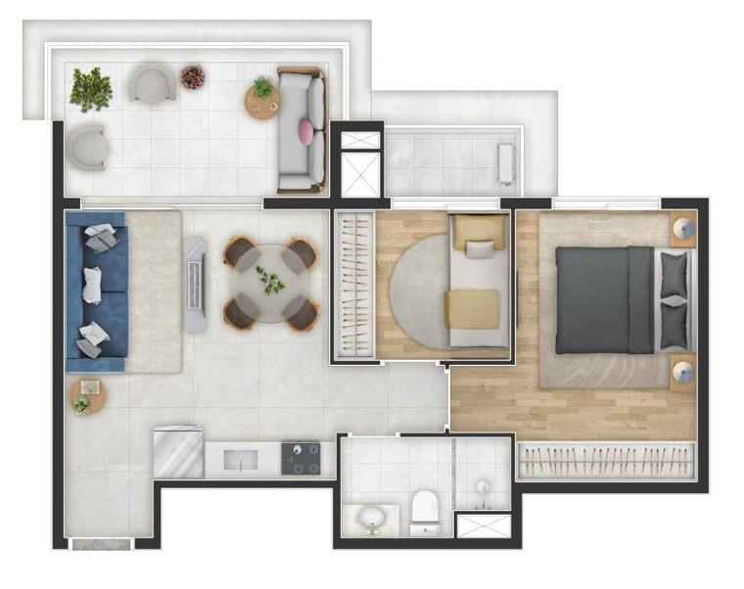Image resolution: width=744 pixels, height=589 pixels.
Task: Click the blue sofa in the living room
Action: click(x=96, y=291)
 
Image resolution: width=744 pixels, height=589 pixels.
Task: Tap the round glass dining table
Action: click(x=270, y=283)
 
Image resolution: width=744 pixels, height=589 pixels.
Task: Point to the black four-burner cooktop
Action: click(x=301, y=458)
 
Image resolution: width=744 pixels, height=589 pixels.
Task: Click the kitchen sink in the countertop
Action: click(x=240, y=459)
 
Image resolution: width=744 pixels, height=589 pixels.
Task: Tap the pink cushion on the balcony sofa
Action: click(x=305, y=129)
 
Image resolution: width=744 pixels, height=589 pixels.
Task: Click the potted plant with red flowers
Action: click(x=193, y=76)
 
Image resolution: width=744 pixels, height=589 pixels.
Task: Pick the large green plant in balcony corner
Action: click(x=91, y=88)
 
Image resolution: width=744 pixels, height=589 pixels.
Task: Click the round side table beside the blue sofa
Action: click(x=85, y=397)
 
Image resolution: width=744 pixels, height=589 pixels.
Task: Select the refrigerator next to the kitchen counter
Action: click(x=178, y=451)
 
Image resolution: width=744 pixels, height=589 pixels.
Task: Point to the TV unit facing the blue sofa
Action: click(x=196, y=285)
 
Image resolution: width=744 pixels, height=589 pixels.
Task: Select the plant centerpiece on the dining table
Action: click(x=270, y=282)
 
